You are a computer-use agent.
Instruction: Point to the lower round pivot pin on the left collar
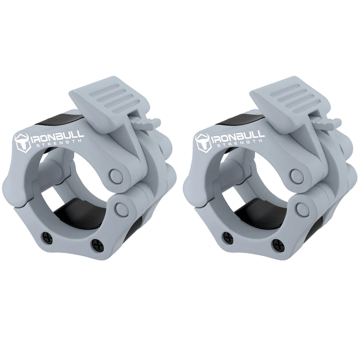coord(122,208)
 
